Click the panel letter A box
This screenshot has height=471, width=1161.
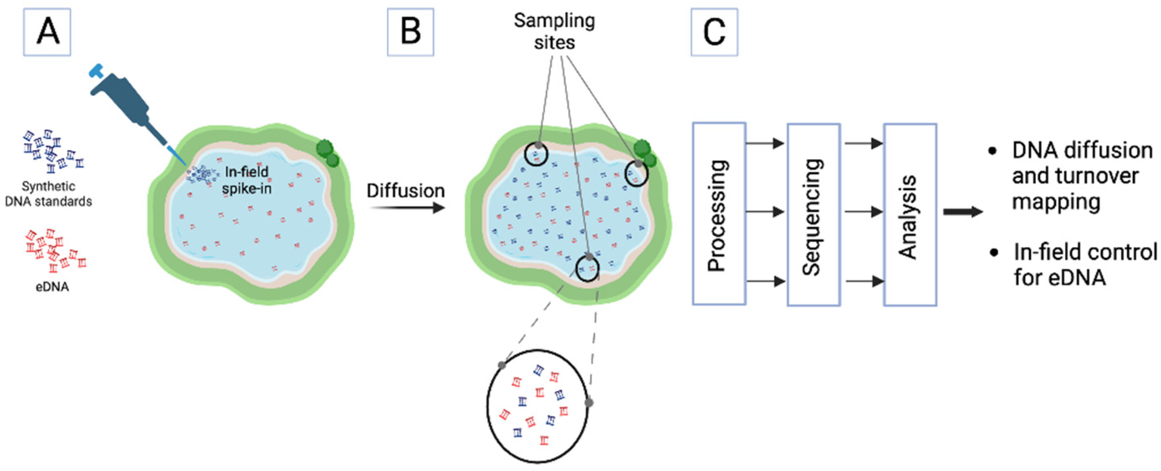[47, 32]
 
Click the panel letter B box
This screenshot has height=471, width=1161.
[410, 32]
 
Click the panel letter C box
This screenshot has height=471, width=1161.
[714, 32]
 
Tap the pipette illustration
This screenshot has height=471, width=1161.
[131, 108]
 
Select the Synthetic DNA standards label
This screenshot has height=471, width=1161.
[48, 194]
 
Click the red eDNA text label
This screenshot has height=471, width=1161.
[52, 287]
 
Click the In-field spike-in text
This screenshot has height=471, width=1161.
[247, 180]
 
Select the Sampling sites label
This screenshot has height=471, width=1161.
[554, 31]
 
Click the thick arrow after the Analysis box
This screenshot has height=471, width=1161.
[963, 212]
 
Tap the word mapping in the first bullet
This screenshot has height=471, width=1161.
[1056, 201]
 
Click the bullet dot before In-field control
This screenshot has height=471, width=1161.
[994, 252]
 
